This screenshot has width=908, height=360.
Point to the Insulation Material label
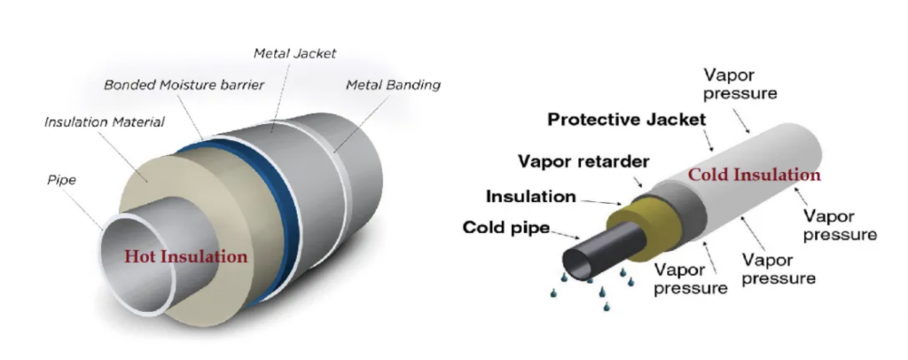click(104, 121)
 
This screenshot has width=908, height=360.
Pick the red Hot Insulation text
click(185, 257)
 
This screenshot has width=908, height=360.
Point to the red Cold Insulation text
click(755, 175)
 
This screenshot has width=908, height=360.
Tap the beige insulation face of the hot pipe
click(133, 191)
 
